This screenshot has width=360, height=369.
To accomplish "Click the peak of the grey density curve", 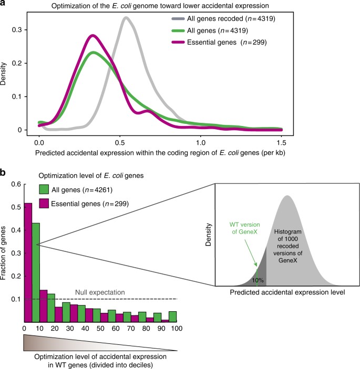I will [126, 18].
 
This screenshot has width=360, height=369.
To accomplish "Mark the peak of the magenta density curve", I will [93, 36].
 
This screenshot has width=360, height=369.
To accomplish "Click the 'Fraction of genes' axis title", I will [6, 253].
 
